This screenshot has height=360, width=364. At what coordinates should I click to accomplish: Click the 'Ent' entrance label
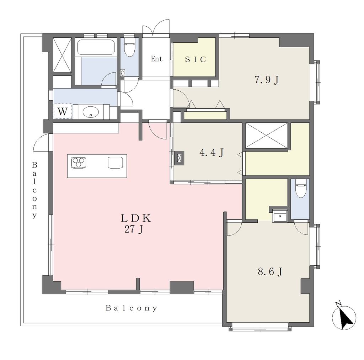pos(156,59)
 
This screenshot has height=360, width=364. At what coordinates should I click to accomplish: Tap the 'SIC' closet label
pos(196,59)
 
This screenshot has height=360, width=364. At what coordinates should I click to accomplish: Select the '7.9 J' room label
pos(267,80)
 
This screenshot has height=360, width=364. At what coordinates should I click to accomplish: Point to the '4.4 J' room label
pos(212,153)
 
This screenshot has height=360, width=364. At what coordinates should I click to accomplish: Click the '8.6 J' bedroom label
pos(270,271)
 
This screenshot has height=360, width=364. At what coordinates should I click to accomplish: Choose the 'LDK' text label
pos(136,218)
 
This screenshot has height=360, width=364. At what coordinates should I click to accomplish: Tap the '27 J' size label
pos(134,229)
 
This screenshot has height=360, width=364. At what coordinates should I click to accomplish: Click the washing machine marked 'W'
pos(63,111)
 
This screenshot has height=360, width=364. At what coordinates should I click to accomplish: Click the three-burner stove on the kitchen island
pos(79,162)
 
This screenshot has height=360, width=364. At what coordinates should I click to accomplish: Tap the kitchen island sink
pos(116,162)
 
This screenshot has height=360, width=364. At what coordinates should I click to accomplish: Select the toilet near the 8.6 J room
pos(301,188)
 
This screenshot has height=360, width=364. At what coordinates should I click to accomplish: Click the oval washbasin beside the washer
pos(91,112)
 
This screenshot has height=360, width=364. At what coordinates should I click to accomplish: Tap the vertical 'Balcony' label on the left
pos(34,190)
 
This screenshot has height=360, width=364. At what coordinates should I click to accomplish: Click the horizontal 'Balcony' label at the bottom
pos(132,308)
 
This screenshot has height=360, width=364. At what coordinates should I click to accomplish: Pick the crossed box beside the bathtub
pos(62,55)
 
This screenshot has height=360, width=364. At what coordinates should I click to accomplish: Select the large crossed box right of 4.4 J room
pos(267,136)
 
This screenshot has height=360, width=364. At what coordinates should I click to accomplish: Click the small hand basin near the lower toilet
pos(280,216)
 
